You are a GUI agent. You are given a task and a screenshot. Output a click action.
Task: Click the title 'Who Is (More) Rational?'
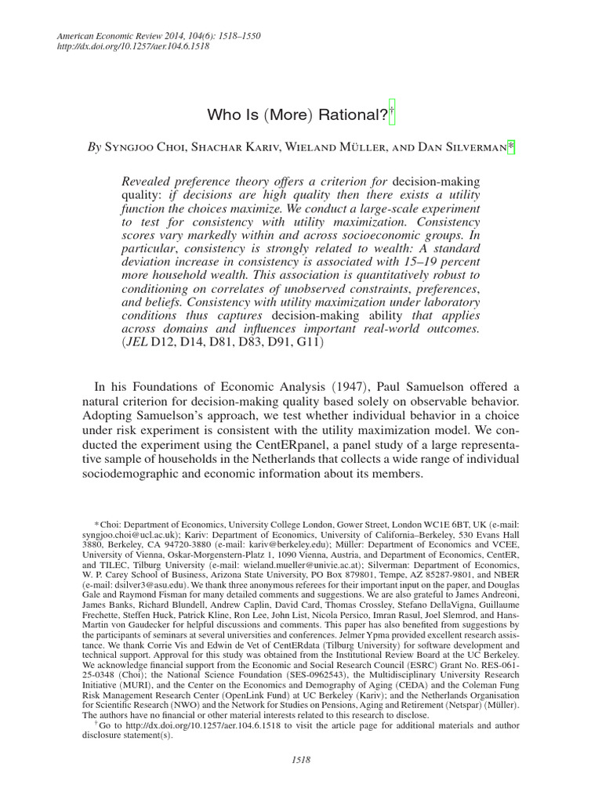coord(297,115)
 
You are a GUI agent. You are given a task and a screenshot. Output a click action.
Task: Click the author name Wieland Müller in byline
coord(350,146)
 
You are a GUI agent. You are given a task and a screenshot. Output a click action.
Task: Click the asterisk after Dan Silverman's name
coord(511,145)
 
